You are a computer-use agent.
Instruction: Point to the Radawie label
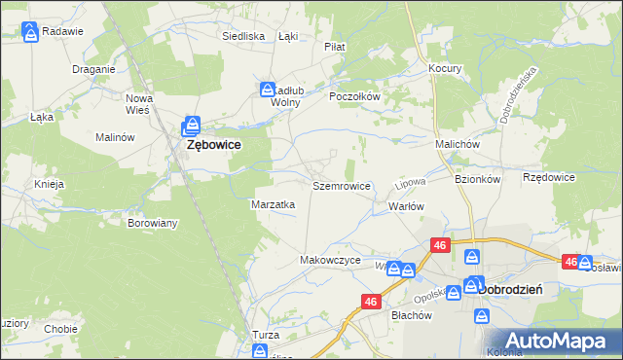[63, 31]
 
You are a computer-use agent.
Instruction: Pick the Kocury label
[445, 69]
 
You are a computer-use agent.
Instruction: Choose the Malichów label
[458, 144]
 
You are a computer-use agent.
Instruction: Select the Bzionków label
[477, 179]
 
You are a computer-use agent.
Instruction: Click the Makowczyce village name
[330, 261]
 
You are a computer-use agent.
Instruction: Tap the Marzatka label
[274, 205]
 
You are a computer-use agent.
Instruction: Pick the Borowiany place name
[153, 223]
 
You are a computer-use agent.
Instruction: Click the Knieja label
[49, 184]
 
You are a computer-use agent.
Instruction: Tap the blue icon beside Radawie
[31, 32]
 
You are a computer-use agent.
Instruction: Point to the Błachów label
[411, 315]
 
